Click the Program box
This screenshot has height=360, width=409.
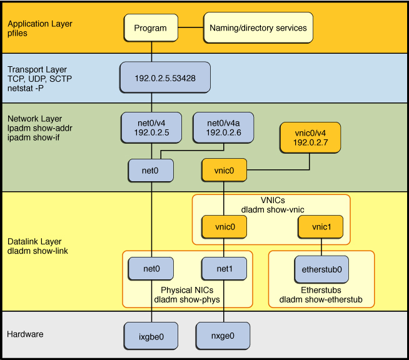tap(151, 28)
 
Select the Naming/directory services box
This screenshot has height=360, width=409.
tap(257, 28)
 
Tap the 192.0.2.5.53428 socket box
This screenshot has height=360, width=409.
tap(164, 79)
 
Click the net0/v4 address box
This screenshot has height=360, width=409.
tap(151, 127)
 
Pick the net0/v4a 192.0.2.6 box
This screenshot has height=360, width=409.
tap(223, 127)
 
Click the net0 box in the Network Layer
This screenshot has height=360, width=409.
tap(151, 169)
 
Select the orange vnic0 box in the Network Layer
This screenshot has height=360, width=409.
tap(223, 169)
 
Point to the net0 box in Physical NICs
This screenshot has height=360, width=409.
tap(151, 269)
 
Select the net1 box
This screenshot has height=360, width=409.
tap(223, 269)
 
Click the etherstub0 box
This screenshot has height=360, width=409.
tap(321, 269)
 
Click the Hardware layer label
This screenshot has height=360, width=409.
tap(25, 334)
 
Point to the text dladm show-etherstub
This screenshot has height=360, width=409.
tap(321, 300)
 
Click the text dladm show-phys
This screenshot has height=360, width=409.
tap(184, 300)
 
